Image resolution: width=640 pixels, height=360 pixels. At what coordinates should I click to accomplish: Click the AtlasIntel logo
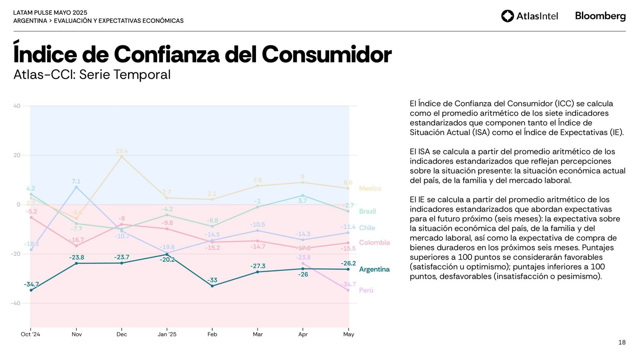pyautogui.click(x=529, y=16)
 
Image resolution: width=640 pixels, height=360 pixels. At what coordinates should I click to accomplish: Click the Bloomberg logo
pyautogui.click(x=600, y=16)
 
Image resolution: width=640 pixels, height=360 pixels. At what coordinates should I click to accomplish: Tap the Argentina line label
pyautogui.click(x=374, y=269)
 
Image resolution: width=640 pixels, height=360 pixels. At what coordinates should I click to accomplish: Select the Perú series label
pyautogui.click(x=366, y=290)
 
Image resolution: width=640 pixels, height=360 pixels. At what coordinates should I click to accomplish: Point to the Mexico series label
pyautogui.click(x=370, y=188)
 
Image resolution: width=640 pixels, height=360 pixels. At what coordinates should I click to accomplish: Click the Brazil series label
pyautogui.click(x=367, y=211)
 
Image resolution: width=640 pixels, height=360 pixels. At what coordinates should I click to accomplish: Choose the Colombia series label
pyautogui.click(x=374, y=242)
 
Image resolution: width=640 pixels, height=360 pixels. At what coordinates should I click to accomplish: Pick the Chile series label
pyautogui.click(x=367, y=228)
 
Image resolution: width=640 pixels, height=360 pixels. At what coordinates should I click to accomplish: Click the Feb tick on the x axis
pyautogui.click(x=212, y=334)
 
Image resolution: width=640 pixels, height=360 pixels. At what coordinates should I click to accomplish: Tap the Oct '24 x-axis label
pyautogui.click(x=30, y=334)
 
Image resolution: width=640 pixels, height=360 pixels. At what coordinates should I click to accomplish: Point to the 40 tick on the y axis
pyautogui.click(x=17, y=106)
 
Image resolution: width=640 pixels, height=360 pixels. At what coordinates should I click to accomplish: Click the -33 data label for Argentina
pyautogui.click(x=212, y=280)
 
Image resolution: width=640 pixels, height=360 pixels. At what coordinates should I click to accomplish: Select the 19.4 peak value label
pyautogui.click(x=122, y=151)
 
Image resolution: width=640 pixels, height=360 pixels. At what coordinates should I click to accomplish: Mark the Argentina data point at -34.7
pyautogui.click(x=31, y=290)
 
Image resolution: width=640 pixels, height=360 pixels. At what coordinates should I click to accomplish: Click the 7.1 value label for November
pyautogui.click(x=76, y=181)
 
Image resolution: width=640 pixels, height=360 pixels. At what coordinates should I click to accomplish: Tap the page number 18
pyautogui.click(x=622, y=342)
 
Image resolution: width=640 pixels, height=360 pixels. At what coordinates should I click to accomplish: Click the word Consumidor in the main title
pyautogui.click(x=326, y=54)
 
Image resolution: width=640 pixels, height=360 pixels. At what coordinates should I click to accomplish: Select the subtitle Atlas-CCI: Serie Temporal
pyautogui.click(x=92, y=75)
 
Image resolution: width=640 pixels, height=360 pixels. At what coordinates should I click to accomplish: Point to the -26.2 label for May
pyautogui.click(x=348, y=263)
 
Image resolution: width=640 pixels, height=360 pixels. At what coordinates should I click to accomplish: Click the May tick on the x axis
pyautogui.click(x=348, y=334)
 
